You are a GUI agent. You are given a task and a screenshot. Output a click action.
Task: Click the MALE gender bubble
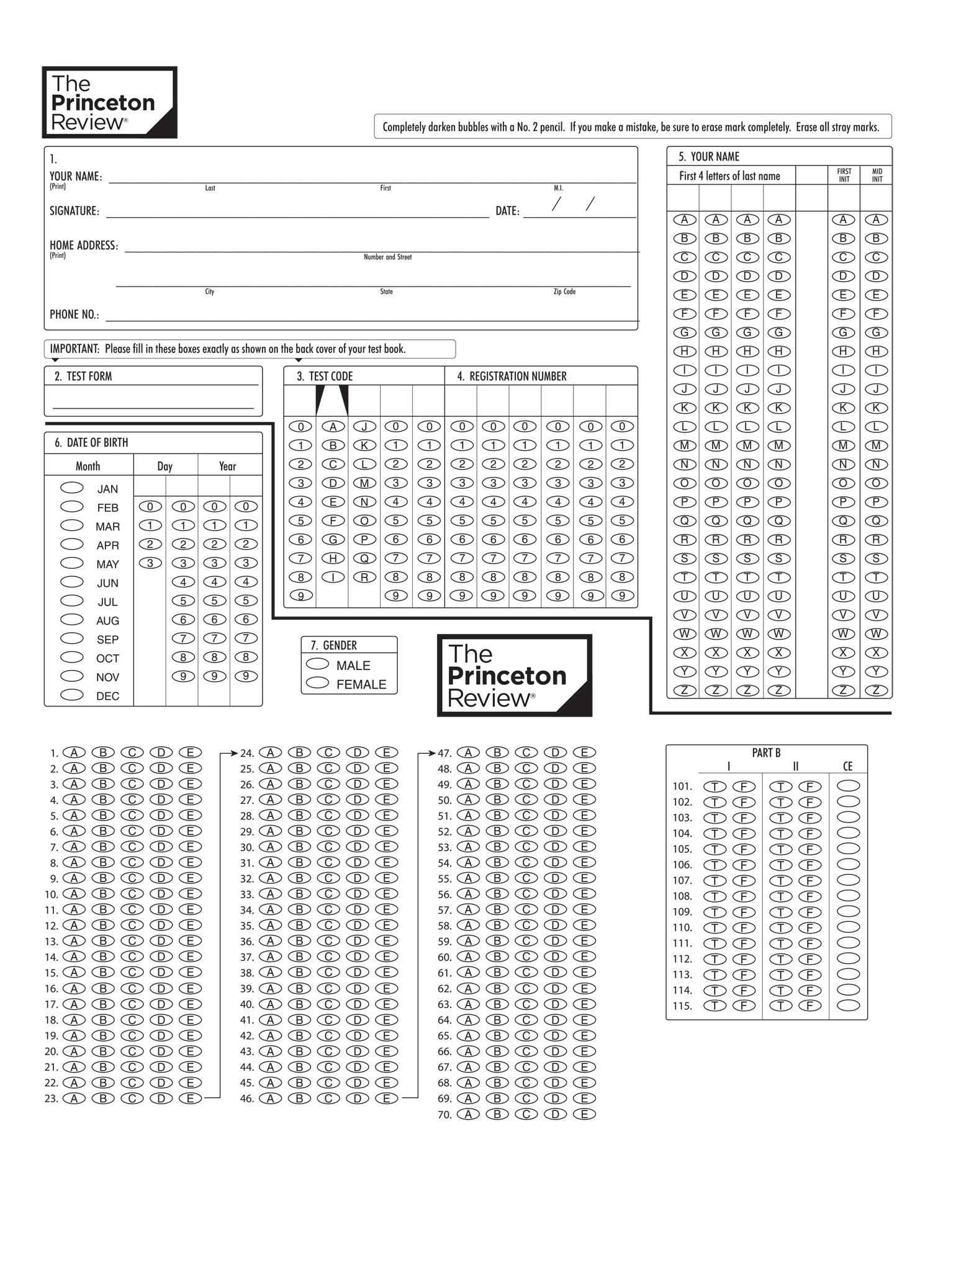[x=317, y=664]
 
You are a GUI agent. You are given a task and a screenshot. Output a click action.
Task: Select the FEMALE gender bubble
[x=317, y=683]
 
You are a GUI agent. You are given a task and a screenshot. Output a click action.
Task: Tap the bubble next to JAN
[x=72, y=488]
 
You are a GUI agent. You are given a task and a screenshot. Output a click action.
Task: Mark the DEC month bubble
[x=72, y=695]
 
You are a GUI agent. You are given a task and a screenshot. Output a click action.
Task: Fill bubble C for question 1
[x=132, y=752]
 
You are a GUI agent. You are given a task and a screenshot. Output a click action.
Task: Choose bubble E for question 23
[x=190, y=1098]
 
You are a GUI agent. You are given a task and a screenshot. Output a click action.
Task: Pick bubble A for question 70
[x=468, y=1114]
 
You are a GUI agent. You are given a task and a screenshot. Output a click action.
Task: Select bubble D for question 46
[x=358, y=1098]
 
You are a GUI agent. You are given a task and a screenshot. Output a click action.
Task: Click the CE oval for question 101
[x=849, y=785]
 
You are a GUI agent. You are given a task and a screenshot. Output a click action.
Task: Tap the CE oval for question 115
[x=849, y=1005]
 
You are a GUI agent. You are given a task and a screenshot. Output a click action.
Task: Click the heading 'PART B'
[x=766, y=752]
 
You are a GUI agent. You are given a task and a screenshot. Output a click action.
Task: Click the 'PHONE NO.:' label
[x=74, y=315]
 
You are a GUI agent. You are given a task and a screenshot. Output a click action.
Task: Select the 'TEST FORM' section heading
[x=89, y=376]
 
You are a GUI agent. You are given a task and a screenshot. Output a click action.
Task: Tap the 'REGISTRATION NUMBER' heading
[x=518, y=376]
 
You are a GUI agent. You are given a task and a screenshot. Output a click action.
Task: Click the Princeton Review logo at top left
[x=110, y=102]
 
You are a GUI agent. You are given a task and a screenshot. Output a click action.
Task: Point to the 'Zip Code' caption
[x=564, y=292]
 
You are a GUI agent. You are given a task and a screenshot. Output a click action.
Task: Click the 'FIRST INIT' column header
[x=844, y=175]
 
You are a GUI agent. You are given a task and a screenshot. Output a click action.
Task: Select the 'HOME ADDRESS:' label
[x=84, y=246]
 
